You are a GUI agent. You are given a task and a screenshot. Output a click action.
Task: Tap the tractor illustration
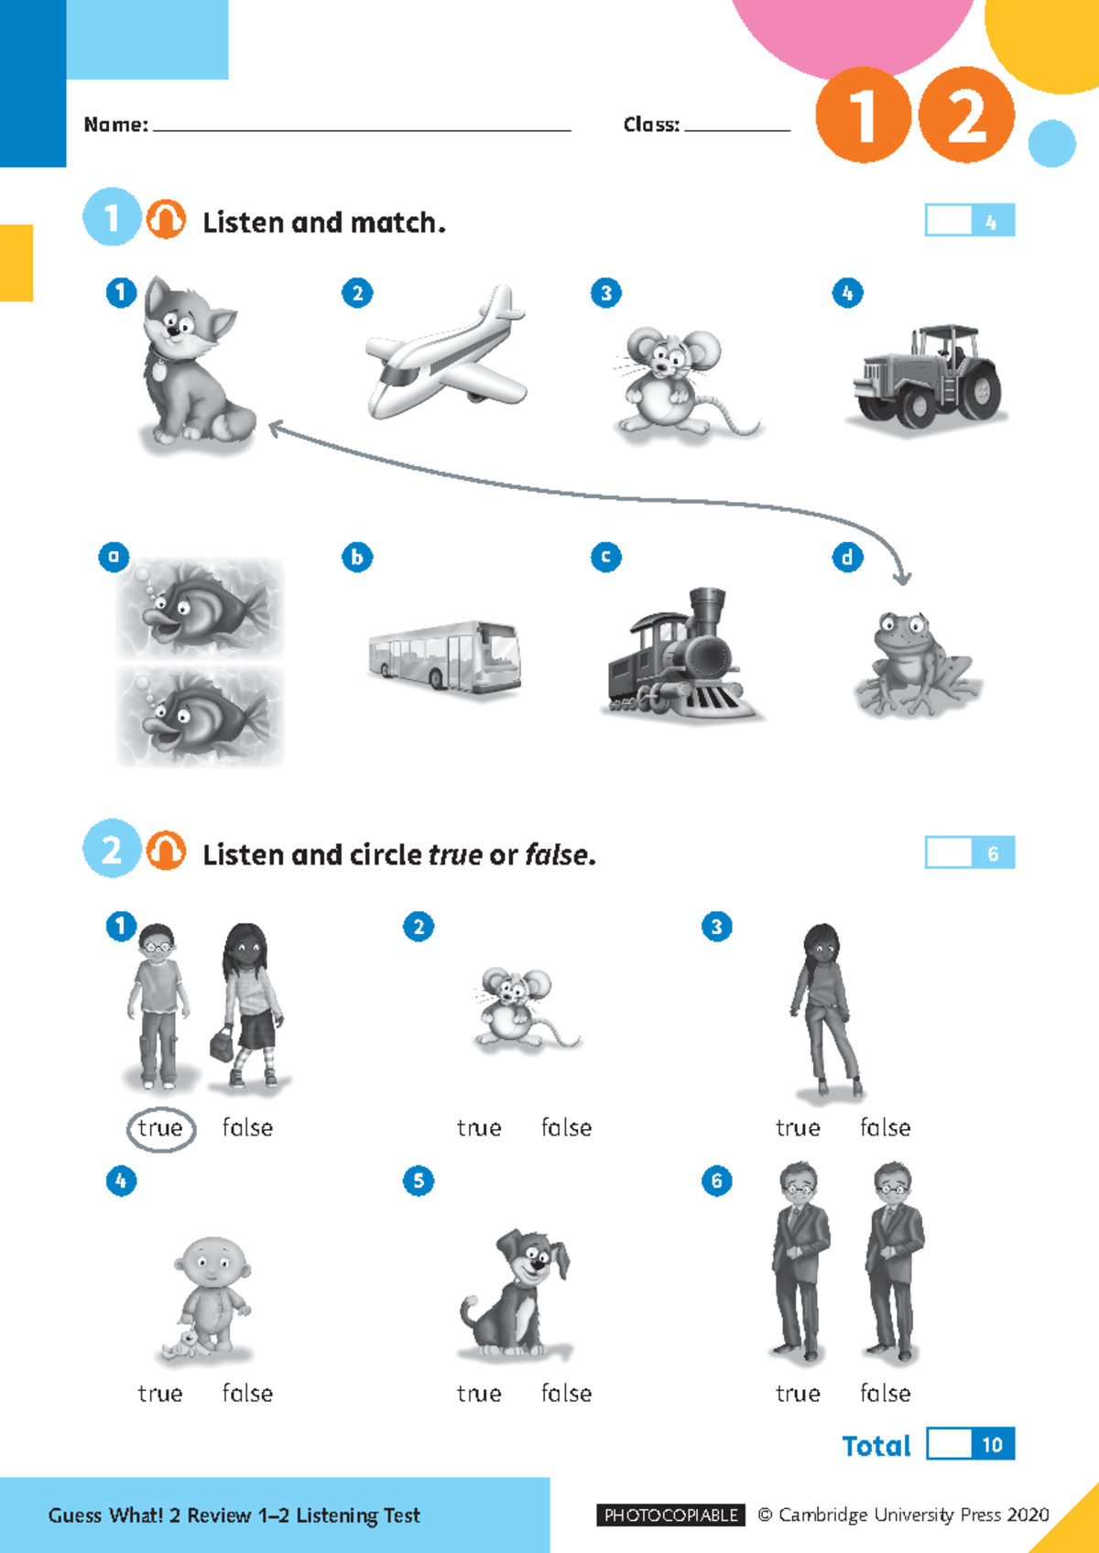[927, 377]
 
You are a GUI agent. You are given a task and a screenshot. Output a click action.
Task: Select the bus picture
[445, 656]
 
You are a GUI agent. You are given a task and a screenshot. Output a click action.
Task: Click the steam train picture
[682, 657]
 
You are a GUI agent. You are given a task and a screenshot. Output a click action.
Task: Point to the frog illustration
[916, 663]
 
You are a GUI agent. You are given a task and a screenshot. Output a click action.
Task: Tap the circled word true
[160, 1128]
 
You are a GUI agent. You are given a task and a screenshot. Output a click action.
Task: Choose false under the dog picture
[566, 1394]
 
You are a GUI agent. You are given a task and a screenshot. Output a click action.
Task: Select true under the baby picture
[160, 1394]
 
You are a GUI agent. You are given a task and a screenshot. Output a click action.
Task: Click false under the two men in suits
[885, 1394]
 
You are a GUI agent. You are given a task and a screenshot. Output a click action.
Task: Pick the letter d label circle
[847, 557]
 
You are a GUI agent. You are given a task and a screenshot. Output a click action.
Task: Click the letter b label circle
[357, 557]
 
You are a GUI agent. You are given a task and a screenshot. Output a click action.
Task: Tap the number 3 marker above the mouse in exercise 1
[605, 293]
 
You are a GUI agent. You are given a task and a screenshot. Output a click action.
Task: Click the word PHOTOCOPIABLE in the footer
[671, 1515]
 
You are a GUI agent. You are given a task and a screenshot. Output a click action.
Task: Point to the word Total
[876, 1446]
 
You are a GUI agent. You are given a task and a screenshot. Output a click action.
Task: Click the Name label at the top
[115, 125]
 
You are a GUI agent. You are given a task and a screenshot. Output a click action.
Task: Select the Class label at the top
[651, 125]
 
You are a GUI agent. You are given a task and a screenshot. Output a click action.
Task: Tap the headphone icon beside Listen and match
[166, 220]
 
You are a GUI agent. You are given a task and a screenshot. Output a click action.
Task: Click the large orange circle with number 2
[966, 115]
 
